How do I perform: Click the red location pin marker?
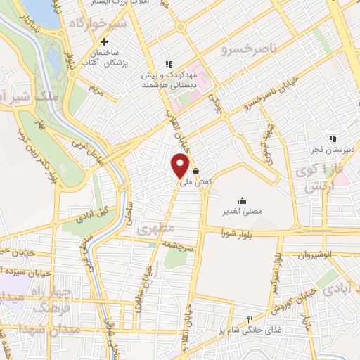coord(181,165)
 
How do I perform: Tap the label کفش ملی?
coord(196,182)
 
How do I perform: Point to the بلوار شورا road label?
coord(236,233)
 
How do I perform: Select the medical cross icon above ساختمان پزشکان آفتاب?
coord(104,41)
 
